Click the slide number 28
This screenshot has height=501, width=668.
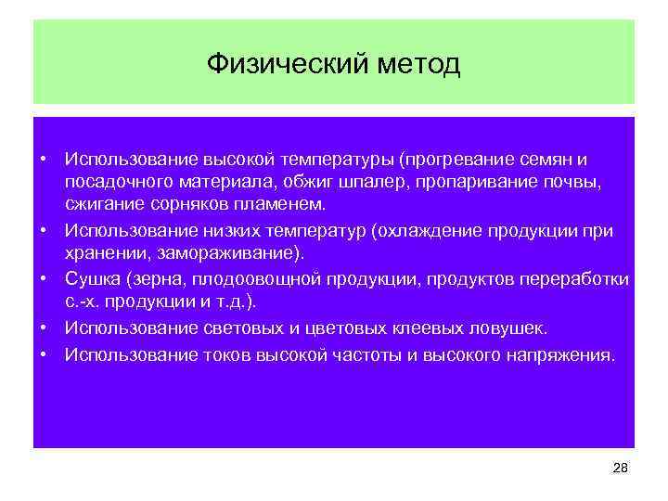[621, 469]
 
